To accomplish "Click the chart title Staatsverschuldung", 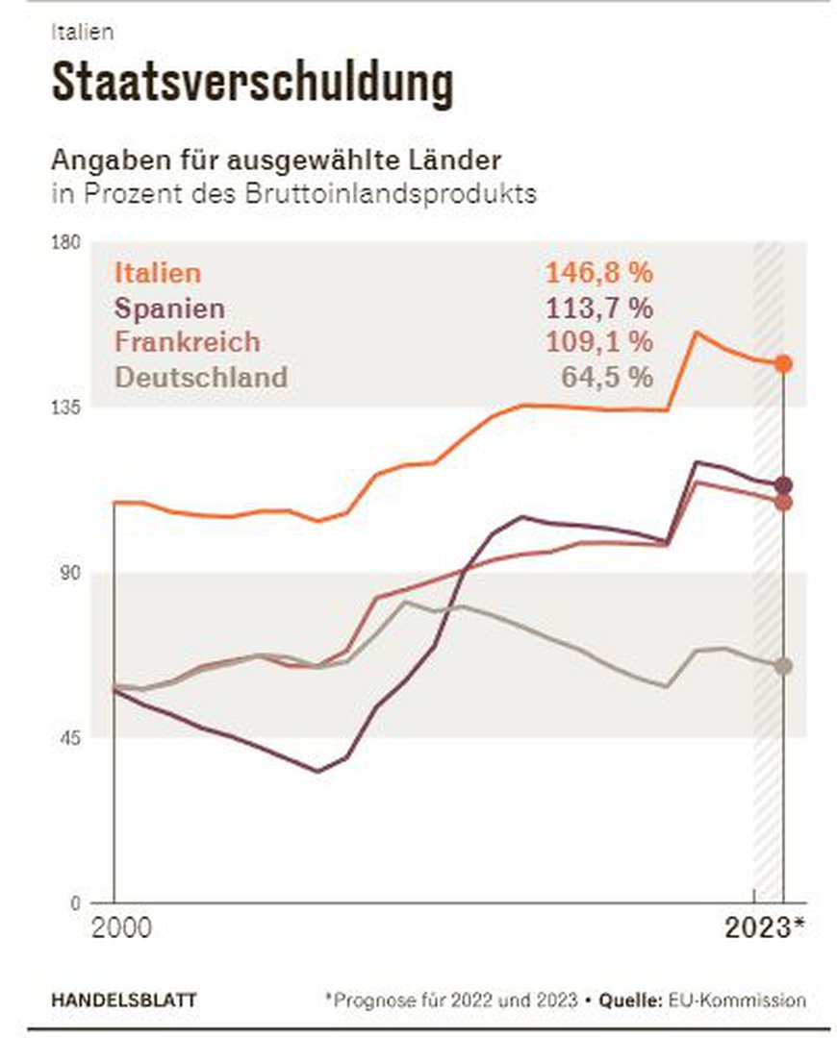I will [x=251, y=84].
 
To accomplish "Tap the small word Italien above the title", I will [x=82, y=31].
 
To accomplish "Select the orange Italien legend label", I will [x=158, y=273].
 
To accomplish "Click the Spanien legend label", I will [x=169, y=309].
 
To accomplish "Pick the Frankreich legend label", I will [x=187, y=341].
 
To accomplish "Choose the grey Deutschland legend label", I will [x=200, y=376].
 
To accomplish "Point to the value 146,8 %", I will [x=599, y=273].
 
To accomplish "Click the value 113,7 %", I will [x=599, y=309].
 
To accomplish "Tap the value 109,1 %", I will [x=599, y=341].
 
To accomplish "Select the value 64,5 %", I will [x=606, y=376].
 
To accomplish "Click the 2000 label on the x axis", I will [x=122, y=929].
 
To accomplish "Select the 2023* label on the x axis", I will [x=764, y=929].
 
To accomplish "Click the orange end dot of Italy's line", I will [x=784, y=363].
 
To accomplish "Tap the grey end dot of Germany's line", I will [x=784, y=666].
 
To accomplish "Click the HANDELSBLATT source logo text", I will [x=124, y=1001].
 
